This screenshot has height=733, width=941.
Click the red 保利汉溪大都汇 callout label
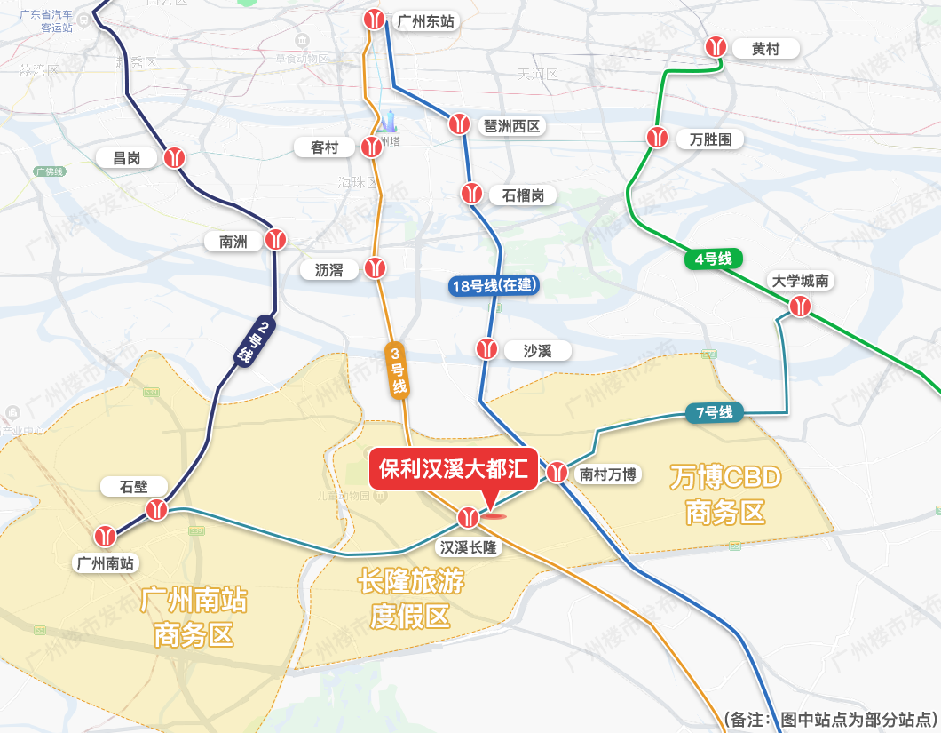click(x=454, y=468)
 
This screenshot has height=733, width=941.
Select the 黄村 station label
click(x=765, y=49)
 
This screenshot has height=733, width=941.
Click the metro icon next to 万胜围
click(x=657, y=138)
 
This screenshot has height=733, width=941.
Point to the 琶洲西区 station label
click(x=511, y=125)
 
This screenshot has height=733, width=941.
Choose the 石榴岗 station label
click(x=523, y=195)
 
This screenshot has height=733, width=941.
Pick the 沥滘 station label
click(x=328, y=269)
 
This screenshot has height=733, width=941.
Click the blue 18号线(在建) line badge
click(x=494, y=285)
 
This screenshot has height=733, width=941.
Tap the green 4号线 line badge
click(x=713, y=259)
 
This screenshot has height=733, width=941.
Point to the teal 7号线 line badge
click(x=714, y=413)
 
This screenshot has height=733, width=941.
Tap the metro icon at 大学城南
click(x=801, y=307)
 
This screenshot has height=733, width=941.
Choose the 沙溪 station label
click(x=538, y=351)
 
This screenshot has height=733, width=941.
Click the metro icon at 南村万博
click(x=557, y=473)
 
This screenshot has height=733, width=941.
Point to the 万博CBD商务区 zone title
click(x=725, y=494)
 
